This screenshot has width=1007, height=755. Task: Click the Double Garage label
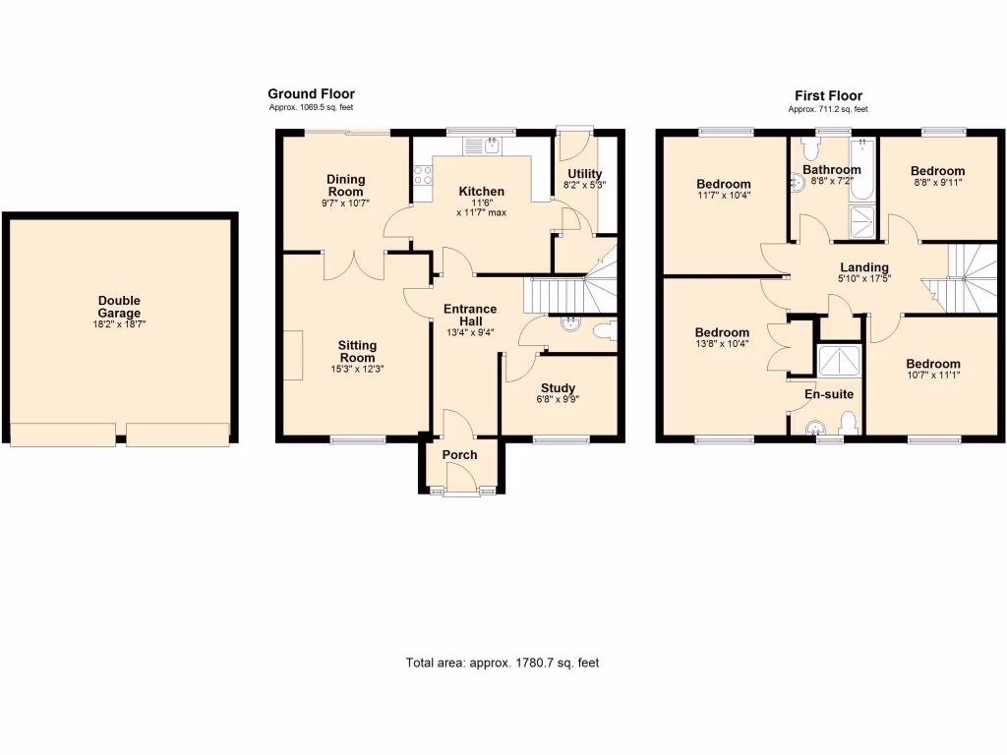(119, 307)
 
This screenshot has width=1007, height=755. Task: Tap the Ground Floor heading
(311, 94)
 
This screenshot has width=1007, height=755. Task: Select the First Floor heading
(828, 95)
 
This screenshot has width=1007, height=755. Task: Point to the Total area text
(503, 663)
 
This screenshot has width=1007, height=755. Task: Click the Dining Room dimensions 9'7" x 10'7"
(345, 203)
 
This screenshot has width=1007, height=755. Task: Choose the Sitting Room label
(357, 351)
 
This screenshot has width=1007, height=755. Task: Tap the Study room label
(558, 387)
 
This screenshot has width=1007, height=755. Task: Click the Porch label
(459, 454)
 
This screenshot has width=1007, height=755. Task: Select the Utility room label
(584, 174)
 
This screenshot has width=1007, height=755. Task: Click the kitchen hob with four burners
(423, 176)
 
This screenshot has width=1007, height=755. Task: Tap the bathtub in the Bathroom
(862, 169)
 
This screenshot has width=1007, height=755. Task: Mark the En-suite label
(829, 394)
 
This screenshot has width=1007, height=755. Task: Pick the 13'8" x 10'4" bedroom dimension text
(723, 345)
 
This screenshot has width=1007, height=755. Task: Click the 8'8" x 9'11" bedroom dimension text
(937, 183)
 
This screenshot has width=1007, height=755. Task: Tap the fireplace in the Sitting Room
(293, 354)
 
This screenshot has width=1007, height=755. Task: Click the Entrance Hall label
(470, 315)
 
